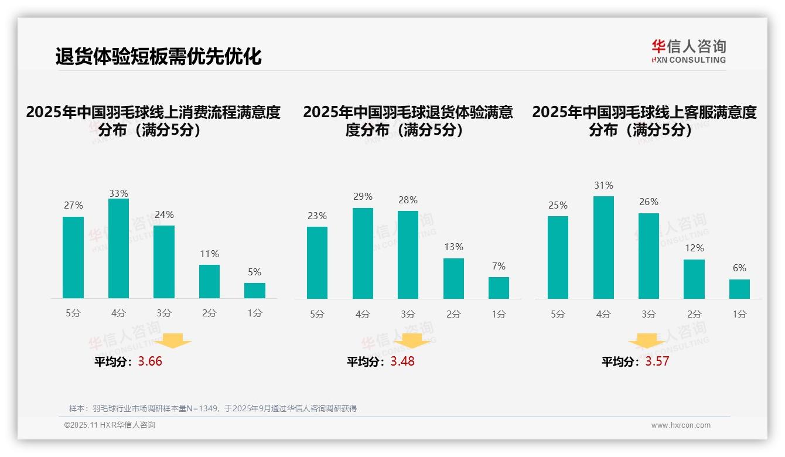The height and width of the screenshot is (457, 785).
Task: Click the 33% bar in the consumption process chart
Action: point(118,248)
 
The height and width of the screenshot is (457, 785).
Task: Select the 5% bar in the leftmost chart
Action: point(255,291)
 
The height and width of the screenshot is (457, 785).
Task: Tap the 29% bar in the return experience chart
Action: point(363,253)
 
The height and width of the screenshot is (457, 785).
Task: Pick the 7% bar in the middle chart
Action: point(499,288)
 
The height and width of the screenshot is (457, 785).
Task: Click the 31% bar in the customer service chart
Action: point(603,247)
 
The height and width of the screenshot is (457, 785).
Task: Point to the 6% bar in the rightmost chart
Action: point(739,289)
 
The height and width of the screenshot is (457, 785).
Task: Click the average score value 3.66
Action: point(150,361)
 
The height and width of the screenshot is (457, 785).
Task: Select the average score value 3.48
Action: point(402,361)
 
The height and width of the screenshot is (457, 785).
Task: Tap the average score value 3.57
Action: point(657,361)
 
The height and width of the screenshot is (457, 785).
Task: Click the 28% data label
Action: point(408,200)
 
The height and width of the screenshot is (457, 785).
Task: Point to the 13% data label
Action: point(453,247)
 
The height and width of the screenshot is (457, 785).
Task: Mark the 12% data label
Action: point(694,248)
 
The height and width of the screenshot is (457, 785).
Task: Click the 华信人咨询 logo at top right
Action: point(688,51)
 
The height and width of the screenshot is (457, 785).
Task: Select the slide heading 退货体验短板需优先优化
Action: point(158,56)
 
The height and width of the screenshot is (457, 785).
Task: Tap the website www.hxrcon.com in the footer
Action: point(681,425)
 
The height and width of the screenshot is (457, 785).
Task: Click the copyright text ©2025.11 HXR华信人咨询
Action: point(110,425)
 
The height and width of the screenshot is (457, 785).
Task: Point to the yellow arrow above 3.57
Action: point(647,341)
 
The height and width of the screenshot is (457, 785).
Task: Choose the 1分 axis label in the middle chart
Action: point(499,314)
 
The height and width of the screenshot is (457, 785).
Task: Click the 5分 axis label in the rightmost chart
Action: point(558,314)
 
